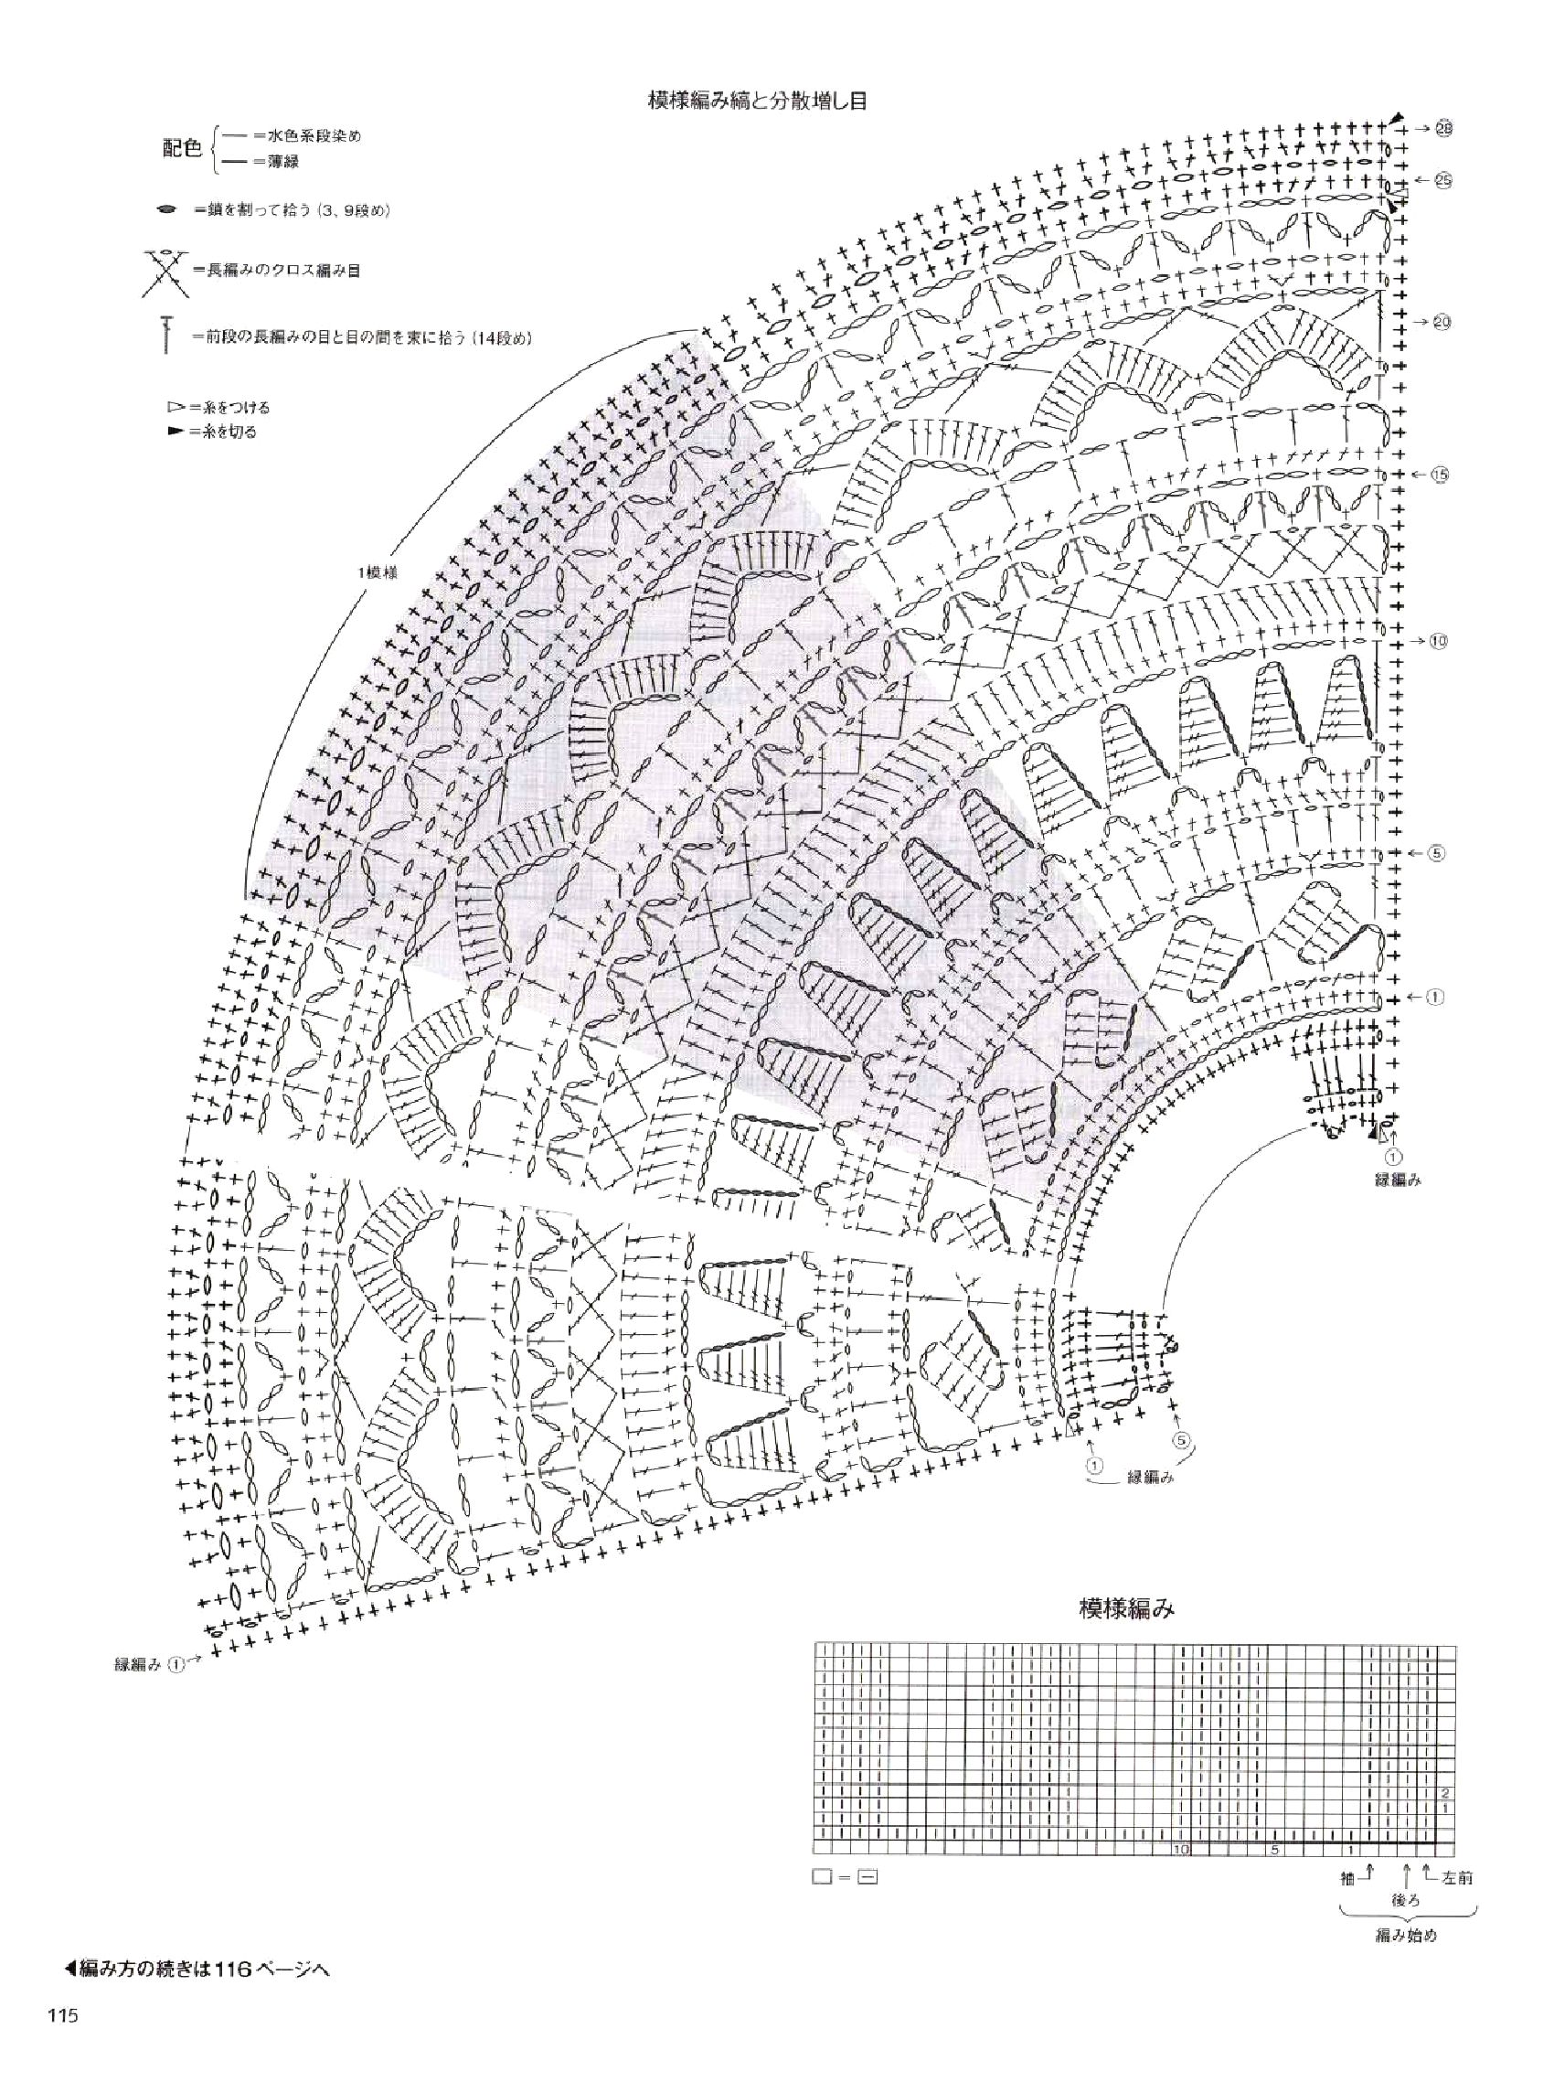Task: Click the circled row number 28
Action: click(1443, 129)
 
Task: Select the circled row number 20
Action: click(1442, 323)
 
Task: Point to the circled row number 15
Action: click(1439, 475)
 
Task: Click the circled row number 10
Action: click(1438, 642)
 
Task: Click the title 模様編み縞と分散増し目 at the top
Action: click(756, 100)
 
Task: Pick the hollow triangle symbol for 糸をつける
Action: click(174, 408)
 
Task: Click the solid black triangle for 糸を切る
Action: click(174, 432)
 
